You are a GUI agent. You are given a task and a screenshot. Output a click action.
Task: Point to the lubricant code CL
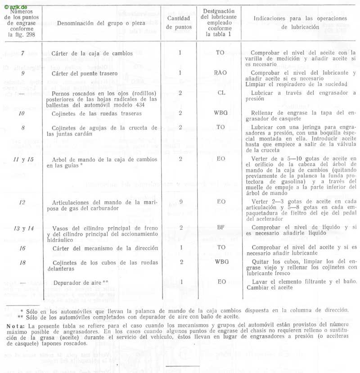[220, 93]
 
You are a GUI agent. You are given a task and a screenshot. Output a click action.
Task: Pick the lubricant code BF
[220, 227]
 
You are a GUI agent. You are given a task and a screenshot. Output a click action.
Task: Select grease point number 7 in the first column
[23, 53]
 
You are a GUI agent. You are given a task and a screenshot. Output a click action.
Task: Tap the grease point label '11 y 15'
[23, 159]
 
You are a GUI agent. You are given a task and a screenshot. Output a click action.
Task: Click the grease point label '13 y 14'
[23, 228]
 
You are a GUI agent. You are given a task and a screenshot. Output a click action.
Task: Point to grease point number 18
[22, 261]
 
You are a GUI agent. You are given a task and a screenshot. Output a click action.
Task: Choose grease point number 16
[22, 247]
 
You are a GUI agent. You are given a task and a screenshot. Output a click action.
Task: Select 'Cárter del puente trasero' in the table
[87, 73]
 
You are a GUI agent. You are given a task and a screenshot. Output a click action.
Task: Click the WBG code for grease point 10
[220, 113]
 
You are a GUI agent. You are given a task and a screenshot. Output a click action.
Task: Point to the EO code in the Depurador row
[220, 281]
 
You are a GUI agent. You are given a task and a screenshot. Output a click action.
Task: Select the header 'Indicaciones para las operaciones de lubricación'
[301, 22]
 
